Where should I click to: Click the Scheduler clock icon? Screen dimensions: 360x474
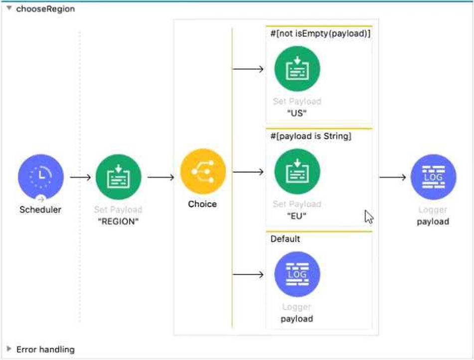click(41, 177)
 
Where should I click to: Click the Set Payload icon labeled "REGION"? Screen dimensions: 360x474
click(118, 177)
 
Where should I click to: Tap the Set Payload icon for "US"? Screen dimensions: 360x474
click(297, 69)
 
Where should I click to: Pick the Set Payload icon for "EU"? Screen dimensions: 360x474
click(297, 171)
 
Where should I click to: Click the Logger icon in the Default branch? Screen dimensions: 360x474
click(297, 274)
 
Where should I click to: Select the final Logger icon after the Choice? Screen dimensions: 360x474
click(433, 177)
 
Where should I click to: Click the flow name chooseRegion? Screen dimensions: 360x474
click(45, 8)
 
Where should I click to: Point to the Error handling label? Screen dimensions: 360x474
click(45, 350)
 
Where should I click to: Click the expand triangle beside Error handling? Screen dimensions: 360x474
click(8, 349)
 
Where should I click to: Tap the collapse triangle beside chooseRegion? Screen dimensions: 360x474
click(8, 8)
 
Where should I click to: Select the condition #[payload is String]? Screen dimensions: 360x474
click(311, 136)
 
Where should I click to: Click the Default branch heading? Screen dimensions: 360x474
click(285, 239)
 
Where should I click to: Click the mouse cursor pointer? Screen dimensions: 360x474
click(369, 216)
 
